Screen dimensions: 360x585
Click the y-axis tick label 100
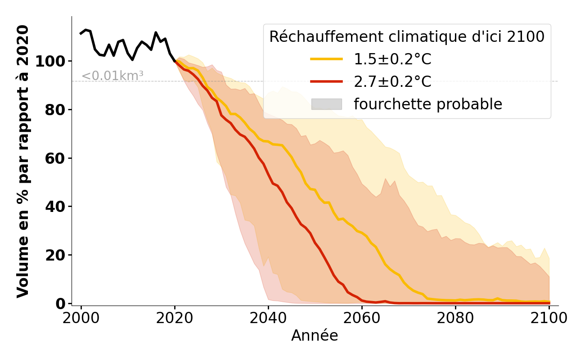point(50,61)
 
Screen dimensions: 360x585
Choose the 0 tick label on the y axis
point(60,304)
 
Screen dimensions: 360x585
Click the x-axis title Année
point(315,336)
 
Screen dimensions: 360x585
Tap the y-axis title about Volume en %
point(23,161)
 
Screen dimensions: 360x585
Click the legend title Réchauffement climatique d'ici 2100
point(407,37)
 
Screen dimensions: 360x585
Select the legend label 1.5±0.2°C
point(392,59)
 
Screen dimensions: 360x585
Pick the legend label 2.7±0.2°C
point(392,82)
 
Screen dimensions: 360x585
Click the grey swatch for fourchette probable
point(326,104)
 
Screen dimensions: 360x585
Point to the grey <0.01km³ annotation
point(112,76)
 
